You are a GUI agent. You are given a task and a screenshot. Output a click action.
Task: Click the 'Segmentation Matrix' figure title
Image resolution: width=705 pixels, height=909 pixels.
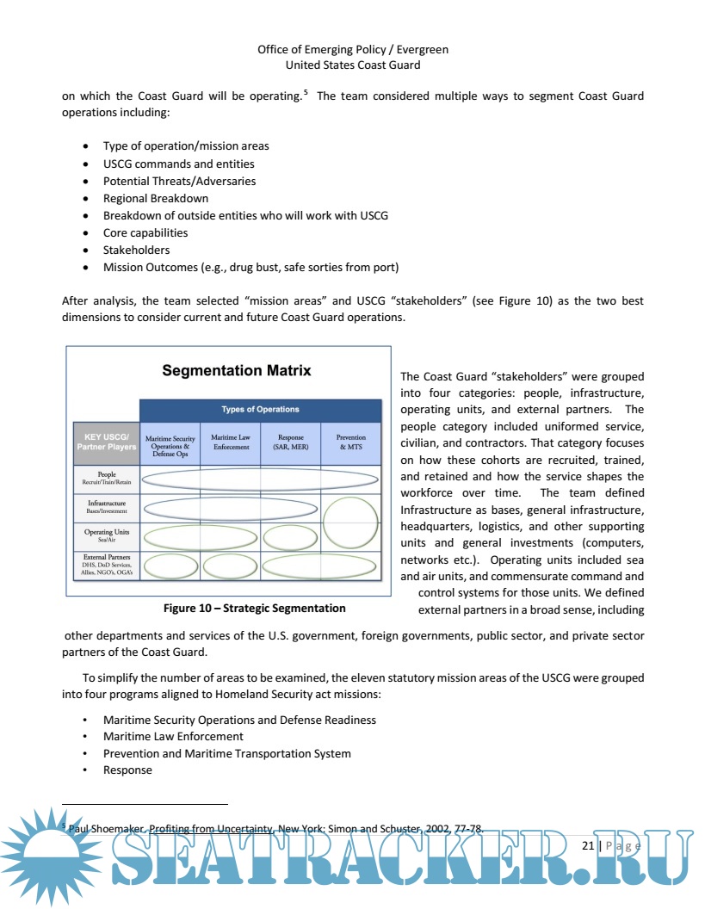pos(237,371)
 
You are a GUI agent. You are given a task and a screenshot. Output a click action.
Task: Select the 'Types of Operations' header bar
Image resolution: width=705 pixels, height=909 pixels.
pos(260,410)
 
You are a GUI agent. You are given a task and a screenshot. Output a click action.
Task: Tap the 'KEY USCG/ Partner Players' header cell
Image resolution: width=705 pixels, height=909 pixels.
pos(105,442)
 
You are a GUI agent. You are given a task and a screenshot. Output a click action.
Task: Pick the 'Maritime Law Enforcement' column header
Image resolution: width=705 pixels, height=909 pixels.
pos(230,442)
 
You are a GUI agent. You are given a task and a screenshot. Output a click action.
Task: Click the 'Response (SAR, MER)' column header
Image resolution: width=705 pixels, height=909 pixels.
pos(290,442)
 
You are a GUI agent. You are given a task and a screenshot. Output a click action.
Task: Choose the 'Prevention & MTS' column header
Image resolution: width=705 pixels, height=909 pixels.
pos(350,442)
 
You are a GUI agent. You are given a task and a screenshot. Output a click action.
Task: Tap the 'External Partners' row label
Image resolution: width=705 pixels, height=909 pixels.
pos(107,566)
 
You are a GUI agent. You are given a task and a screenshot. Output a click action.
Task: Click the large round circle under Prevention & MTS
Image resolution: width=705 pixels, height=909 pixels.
pos(350,522)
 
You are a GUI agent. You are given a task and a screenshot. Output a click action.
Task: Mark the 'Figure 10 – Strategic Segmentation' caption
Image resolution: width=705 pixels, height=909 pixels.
pos(255,609)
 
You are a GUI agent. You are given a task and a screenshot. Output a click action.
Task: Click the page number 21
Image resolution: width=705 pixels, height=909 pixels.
pos(588,846)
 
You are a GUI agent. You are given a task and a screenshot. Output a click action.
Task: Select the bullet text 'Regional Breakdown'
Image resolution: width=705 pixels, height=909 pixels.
pos(156,198)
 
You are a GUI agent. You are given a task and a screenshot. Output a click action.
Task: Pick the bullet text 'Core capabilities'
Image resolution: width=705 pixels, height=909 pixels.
pos(145,232)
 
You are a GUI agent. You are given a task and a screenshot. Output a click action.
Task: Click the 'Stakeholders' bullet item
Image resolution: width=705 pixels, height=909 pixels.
pos(136,250)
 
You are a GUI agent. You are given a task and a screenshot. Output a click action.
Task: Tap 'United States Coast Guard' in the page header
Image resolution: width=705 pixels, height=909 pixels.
pos(353,65)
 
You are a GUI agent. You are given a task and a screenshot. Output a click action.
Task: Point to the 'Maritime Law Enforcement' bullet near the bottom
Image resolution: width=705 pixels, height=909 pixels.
pos(173,736)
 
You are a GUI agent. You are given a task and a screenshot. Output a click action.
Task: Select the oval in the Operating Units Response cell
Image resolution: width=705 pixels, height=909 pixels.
pos(290,537)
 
